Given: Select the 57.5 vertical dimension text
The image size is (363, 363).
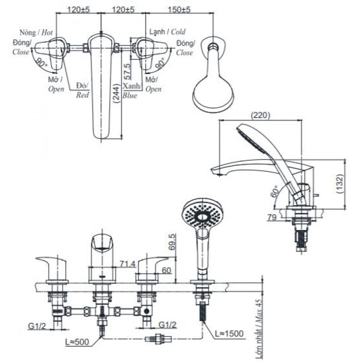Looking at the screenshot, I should (128, 72).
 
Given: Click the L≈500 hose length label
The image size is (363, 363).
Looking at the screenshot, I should (78, 342).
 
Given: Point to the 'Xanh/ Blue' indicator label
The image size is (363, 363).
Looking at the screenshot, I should (130, 91).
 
